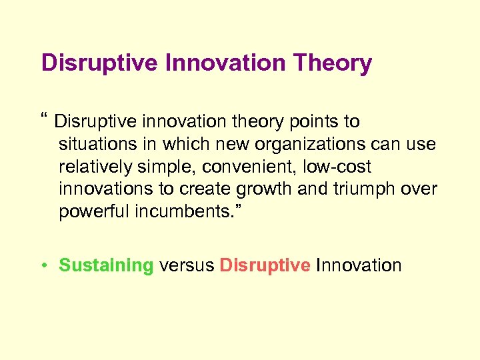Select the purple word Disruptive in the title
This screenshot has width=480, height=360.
pyautogui.click(x=98, y=63)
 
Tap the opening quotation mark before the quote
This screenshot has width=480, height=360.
pyautogui.click(x=45, y=120)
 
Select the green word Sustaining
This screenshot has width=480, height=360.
pyautogui.click(x=106, y=265)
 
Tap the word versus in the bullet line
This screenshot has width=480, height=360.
pyautogui.click(x=187, y=265)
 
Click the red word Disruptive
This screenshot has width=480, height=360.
pyautogui.click(x=265, y=265)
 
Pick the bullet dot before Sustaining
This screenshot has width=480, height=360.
pyautogui.click(x=43, y=265)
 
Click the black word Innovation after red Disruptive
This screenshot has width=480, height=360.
pyautogui.click(x=359, y=265)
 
